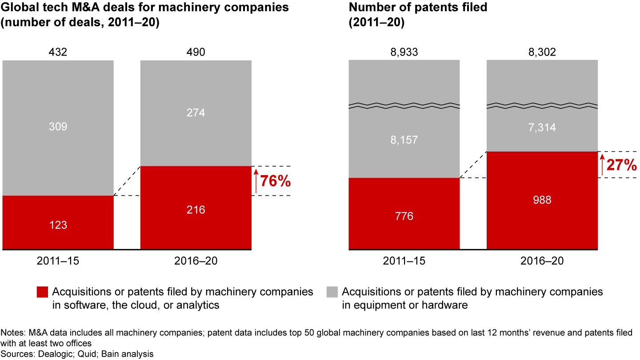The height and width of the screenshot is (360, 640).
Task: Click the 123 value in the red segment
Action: click(58, 225)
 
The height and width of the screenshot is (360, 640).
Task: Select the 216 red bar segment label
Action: click(196, 210)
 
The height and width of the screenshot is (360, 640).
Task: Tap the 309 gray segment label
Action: click(58, 127)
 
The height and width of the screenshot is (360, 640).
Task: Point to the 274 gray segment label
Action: click(196, 113)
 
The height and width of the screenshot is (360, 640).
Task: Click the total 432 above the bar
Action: click(58, 52)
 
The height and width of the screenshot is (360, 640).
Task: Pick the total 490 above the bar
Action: click(196, 52)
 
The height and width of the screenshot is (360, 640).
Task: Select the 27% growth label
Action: click(622, 165)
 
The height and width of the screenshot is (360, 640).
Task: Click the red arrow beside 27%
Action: click(602, 165)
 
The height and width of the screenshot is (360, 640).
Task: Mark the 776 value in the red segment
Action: click(404, 216)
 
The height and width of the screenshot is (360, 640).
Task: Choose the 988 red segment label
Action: click(542, 200)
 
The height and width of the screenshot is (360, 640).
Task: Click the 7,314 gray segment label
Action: click(542, 128)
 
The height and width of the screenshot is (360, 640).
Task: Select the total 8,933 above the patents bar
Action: click(404, 52)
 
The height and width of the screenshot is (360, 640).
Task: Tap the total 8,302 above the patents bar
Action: click(542, 52)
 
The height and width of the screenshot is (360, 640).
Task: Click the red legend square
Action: click(42, 292)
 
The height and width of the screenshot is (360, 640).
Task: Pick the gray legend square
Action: click(332, 292)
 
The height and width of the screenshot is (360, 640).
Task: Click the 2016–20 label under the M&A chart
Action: click(196, 261)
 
